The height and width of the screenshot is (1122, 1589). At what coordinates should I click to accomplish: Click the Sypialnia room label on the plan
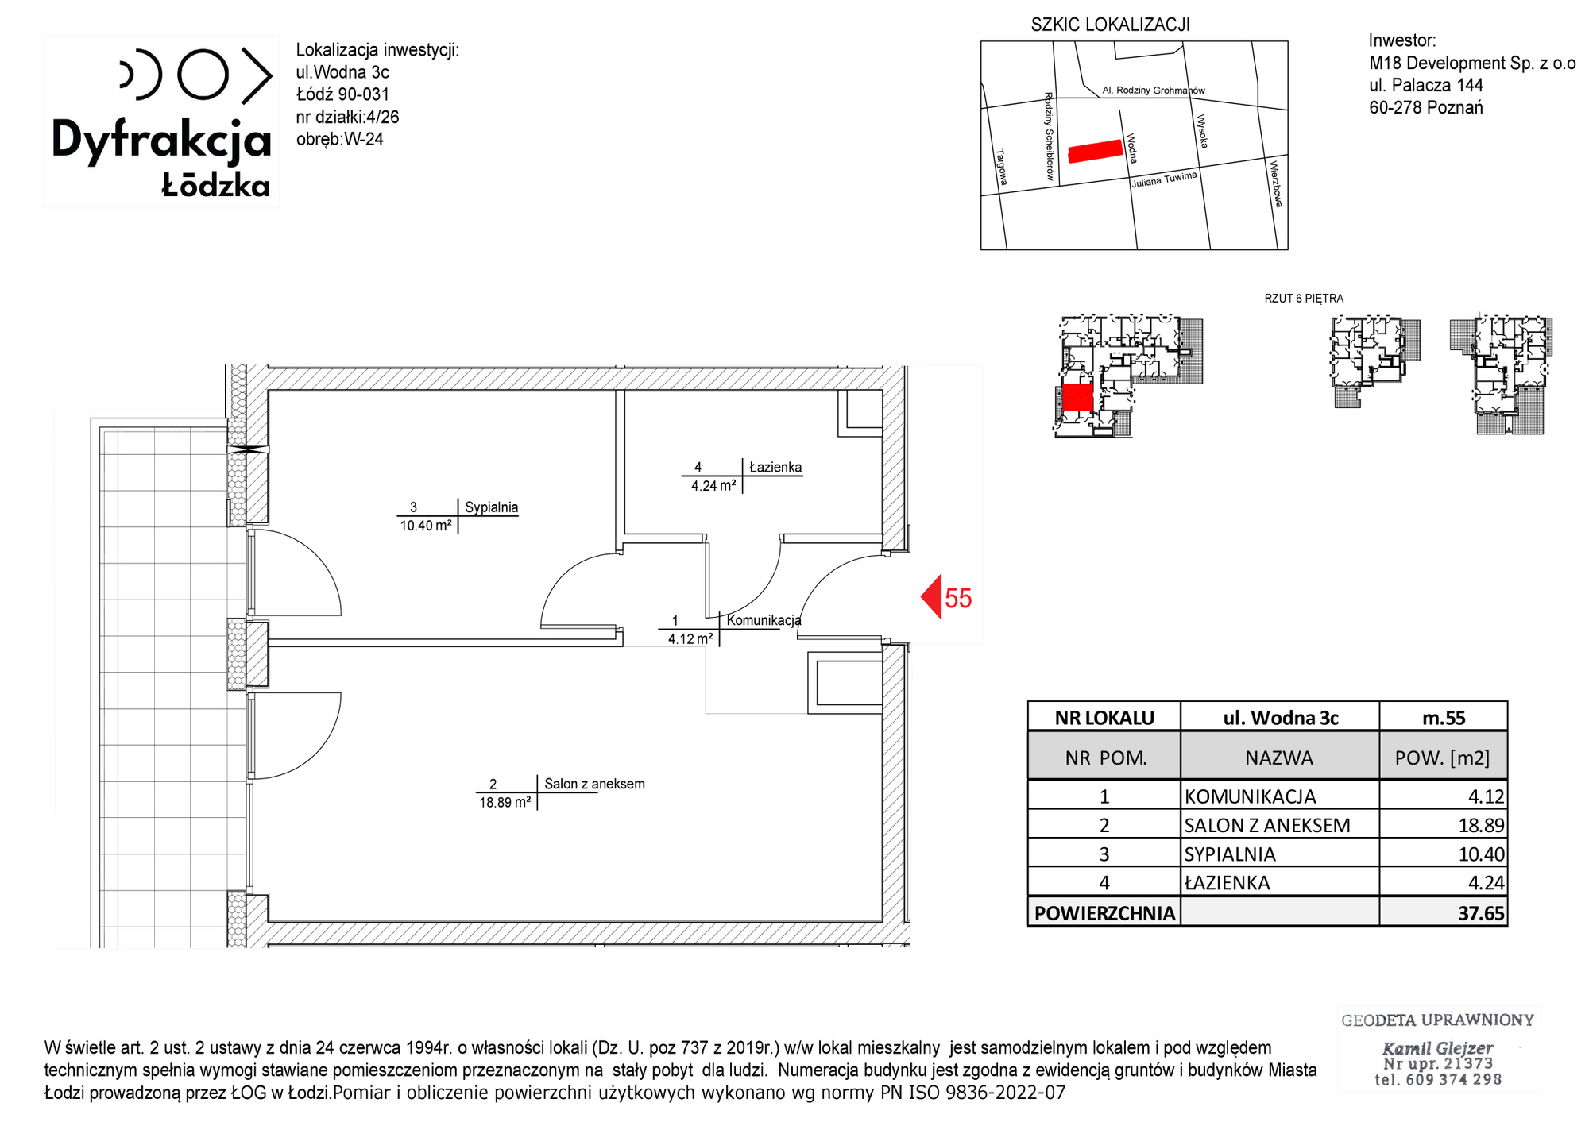pyautogui.click(x=491, y=507)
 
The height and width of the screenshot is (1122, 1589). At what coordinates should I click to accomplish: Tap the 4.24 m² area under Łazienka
pyautogui.click(x=713, y=486)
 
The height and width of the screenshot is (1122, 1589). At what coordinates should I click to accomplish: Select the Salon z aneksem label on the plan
pyautogui.click(x=594, y=784)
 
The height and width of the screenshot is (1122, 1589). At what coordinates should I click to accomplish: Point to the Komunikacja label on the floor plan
pyautogui.click(x=764, y=620)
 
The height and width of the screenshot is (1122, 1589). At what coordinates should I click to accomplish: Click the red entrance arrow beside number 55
pyautogui.click(x=932, y=596)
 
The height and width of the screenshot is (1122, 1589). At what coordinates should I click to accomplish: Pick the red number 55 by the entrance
pyautogui.click(x=958, y=598)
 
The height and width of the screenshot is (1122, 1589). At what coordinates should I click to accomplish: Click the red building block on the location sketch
pyautogui.click(x=1095, y=151)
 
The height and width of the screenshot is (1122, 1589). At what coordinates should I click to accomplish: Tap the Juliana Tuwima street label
pyautogui.click(x=1164, y=179)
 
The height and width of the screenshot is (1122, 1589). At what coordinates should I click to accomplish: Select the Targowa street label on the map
pyautogui.click(x=1001, y=167)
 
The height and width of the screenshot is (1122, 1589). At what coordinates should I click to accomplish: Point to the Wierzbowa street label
pyautogui.click(x=1276, y=183)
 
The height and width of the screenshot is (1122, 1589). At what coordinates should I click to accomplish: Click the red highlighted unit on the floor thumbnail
pyautogui.click(x=1077, y=397)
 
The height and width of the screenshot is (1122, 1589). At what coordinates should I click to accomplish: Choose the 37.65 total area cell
pyautogui.click(x=1443, y=912)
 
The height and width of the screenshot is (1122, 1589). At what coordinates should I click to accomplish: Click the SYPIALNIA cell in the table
pyautogui.click(x=1230, y=854)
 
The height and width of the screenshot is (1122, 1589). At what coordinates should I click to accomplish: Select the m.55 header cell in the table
pyautogui.click(x=1443, y=718)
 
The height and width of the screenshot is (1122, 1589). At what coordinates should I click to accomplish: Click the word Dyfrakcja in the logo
pyautogui.click(x=162, y=141)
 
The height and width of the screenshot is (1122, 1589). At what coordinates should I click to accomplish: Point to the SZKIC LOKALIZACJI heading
pyautogui.click(x=1110, y=25)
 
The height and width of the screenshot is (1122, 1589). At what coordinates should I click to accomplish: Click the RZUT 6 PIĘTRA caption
pyautogui.click(x=1304, y=299)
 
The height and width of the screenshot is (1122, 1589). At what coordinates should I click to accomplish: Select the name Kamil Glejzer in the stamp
pyautogui.click(x=1438, y=1048)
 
